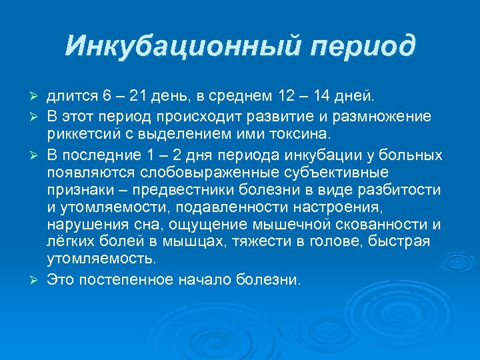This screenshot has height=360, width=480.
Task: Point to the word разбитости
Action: tap(401, 190)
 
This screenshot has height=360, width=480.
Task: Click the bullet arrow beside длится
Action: tap(39, 99)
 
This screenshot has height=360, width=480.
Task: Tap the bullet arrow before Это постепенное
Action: tap(39, 280)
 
